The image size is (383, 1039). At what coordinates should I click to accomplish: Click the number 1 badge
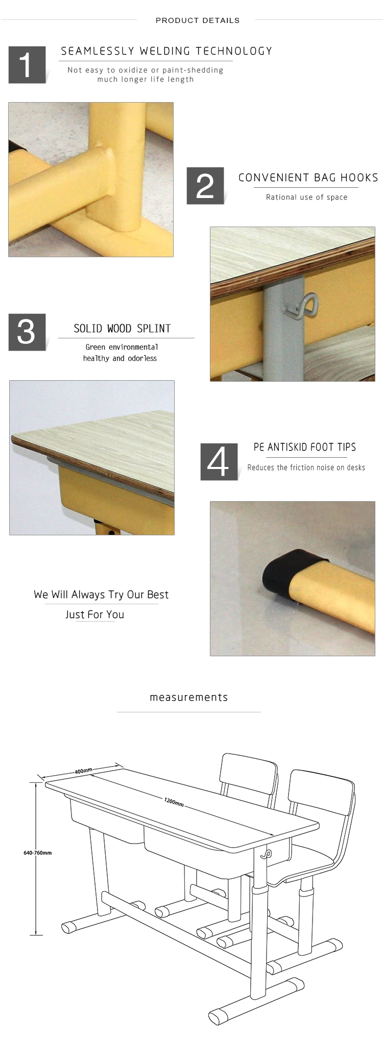click(x=27, y=65)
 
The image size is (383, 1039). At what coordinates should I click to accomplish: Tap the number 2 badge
click(x=205, y=186)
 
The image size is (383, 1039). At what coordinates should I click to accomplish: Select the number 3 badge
click(x=27, y=332)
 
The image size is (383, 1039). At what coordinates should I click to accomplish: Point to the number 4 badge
click(x=219, y=462)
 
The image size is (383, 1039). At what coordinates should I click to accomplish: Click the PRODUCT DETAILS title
click(x=198, y=20)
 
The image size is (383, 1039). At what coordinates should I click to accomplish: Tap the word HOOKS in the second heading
click(x=359, y=178)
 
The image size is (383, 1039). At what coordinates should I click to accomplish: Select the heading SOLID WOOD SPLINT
click(x=122, y=329)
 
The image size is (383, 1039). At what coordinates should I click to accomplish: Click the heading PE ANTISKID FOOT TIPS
click(x=305, y=447)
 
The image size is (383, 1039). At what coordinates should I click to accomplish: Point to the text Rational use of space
click(x=306, y=197)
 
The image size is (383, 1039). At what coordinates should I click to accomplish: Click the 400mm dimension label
click(x=83, y=771)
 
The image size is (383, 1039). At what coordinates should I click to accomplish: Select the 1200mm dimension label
click(x=174, y=802)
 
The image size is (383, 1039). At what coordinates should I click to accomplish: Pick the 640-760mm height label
click(x=37, y=853)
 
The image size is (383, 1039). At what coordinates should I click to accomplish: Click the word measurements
click(x=189, y=697)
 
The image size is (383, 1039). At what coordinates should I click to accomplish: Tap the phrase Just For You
click(x=94, y=614)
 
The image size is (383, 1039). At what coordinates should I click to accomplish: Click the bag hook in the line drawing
click(x=266, y=853)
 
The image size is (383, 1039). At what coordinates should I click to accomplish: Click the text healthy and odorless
click(x=120, y=358)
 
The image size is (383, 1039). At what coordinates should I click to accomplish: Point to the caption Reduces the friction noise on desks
click(x=306, y=467)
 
